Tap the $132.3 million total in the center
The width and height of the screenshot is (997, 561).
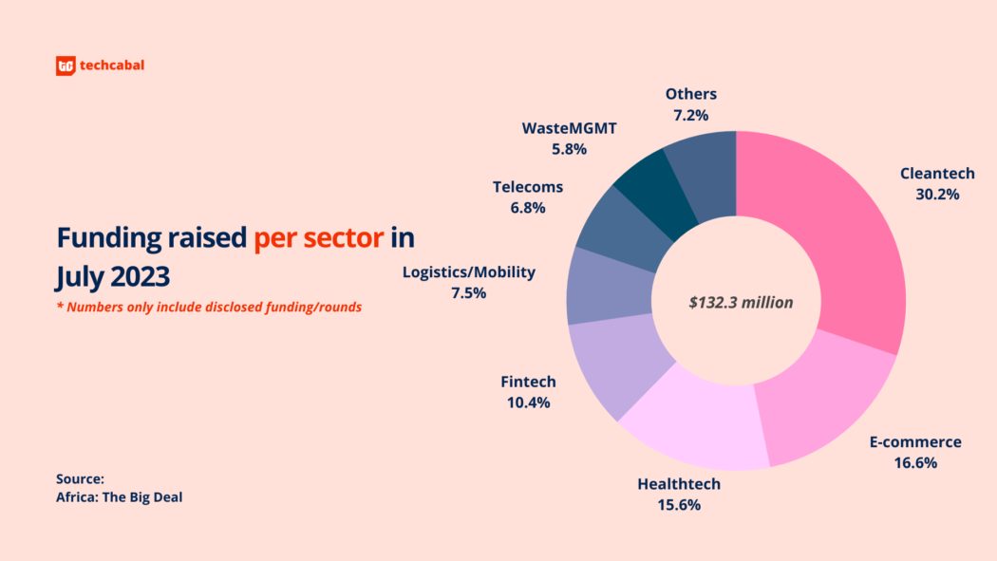[x=741, y=303]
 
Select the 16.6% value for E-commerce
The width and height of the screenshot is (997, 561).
[x=915, y=463]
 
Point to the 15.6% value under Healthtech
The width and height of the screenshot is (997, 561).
[x=679, y=505]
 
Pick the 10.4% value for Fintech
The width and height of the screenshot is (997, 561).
[x=528, y=402]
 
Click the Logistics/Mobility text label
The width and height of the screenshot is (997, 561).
[x=469, y=272]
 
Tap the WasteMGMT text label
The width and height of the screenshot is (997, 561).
[x=569, y=127]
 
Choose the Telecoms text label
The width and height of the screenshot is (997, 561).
[x=528, y=187]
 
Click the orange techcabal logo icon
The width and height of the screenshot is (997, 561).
[x=65, y=66]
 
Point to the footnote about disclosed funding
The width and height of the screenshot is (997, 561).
[x=209, y=308]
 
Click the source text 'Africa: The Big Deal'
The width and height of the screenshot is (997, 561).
[x=119, y=496]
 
